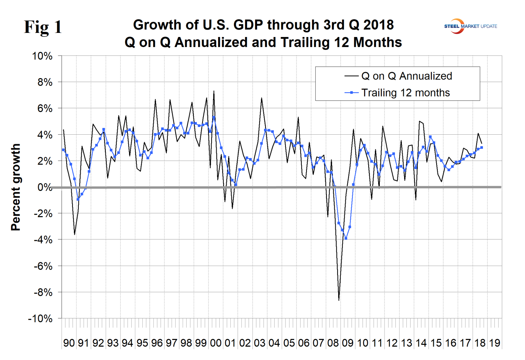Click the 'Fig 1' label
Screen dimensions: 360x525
coord(43,27)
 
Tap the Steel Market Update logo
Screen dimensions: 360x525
coord(470,26)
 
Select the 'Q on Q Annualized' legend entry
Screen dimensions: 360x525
coord(406,76)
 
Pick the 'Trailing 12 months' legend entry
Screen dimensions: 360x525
coord(405,93)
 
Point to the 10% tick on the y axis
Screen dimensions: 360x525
coord(43,56)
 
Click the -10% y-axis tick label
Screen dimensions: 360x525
coord(40,319)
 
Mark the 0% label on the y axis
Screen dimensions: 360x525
coord(45,187)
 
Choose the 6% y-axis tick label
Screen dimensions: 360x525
coord(45,109)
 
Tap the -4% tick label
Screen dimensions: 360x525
coord(43,240)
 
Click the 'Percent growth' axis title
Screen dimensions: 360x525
coord(16,188)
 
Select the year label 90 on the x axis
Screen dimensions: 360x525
coord(69,343)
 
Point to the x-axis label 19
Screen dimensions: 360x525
coord(495,343)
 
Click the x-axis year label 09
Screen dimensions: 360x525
coord(348,343)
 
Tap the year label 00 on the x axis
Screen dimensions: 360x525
coord(216,343)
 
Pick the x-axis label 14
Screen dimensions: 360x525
coord(421,343)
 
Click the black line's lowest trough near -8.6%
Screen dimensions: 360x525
coord(339,300)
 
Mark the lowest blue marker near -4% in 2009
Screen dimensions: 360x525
coord(346,238)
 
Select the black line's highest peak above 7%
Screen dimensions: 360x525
coord(214,91)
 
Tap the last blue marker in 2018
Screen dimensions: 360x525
coord(481,148)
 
